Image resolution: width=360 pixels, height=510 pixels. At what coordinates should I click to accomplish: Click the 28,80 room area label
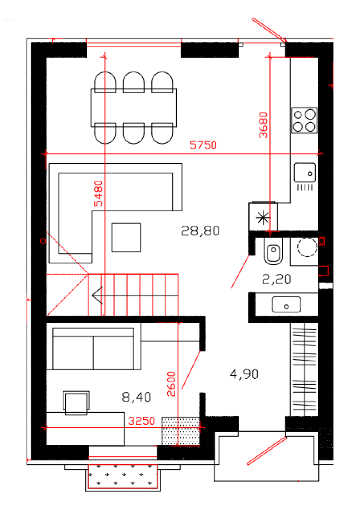coord(200,231)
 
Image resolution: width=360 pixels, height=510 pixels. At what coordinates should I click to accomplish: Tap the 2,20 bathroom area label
coord(276,279)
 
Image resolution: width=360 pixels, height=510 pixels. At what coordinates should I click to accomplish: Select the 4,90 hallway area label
coord(244,374)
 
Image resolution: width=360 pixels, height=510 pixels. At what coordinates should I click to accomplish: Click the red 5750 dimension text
coord(203,145)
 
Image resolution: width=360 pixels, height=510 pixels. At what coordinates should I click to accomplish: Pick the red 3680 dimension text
coord(263,125)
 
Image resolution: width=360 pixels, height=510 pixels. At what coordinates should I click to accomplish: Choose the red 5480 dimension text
coord(98,194)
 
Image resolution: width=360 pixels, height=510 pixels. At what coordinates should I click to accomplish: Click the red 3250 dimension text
coord(141,421)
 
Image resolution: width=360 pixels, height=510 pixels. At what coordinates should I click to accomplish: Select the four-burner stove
coord(304,120)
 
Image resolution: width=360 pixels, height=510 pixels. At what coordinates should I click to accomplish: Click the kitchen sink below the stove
coord(305,172)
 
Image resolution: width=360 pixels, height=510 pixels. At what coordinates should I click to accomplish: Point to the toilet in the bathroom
coord(273,251)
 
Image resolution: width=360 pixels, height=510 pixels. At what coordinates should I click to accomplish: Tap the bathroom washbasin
coord(287,304)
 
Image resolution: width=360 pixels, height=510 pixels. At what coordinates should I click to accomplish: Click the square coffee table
coord(126,238)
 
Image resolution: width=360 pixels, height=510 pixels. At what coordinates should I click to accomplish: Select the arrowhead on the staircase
coord(98,295)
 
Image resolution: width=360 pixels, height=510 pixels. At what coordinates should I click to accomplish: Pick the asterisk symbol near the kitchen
coord(263,218)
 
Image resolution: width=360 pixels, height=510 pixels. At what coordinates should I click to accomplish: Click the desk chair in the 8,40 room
coord(76,403)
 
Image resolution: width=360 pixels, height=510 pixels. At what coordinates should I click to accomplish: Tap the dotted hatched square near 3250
coord(181,431)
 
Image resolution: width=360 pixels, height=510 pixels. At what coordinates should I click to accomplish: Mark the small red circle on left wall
coord(43,241)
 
